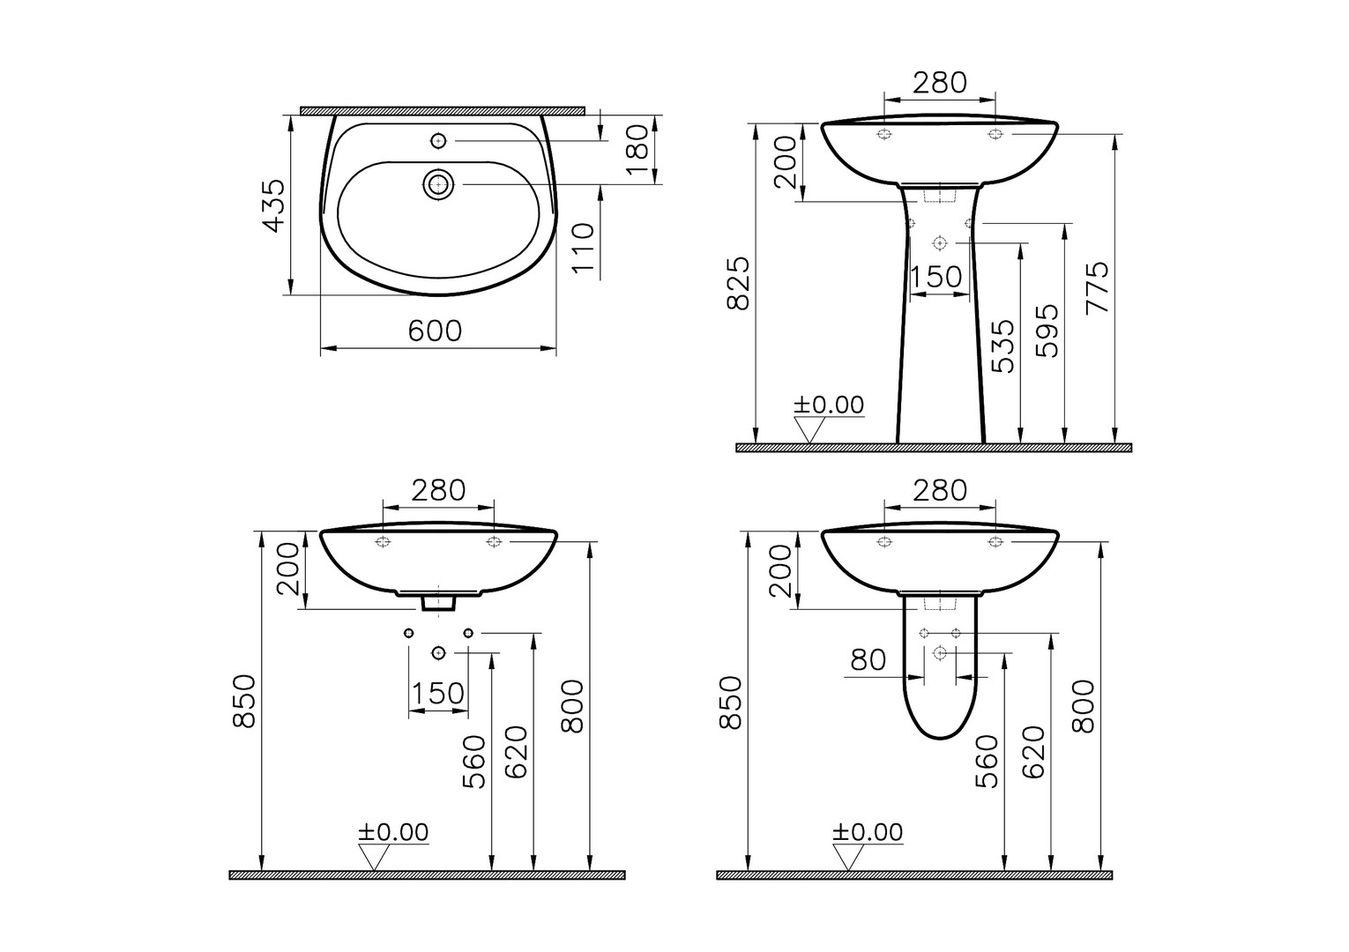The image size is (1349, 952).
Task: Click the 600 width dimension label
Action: coord(435,331)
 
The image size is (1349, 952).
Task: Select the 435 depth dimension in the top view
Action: coord(276,205)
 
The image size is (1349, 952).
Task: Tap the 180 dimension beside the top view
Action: coord(637,149)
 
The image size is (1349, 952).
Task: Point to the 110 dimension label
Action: coord(583,248)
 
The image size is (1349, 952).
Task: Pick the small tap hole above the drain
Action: coord(438,141)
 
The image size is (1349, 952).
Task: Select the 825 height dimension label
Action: coord(738,284)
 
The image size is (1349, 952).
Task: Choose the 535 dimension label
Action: coord(1002,346)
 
